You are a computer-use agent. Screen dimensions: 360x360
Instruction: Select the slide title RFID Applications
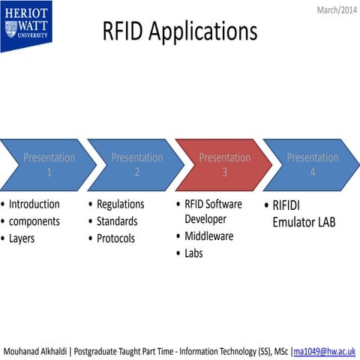179,31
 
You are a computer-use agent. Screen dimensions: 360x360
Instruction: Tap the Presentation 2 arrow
136,164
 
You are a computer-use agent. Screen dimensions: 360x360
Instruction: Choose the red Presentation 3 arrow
223,164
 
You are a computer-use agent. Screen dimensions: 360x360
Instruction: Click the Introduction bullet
34,204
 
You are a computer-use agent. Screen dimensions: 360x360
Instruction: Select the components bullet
34,221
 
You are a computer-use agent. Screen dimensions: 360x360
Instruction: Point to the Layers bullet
22,238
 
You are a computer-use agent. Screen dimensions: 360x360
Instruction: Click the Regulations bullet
120,204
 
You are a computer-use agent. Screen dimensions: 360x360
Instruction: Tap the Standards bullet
117,221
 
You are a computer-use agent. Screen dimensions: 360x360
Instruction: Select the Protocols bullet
116,238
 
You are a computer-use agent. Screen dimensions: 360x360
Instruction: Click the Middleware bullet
208,236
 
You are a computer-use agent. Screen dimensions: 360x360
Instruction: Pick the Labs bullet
193,253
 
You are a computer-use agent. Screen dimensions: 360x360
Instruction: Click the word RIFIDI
290,205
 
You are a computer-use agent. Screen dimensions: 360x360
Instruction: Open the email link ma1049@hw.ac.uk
325,351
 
